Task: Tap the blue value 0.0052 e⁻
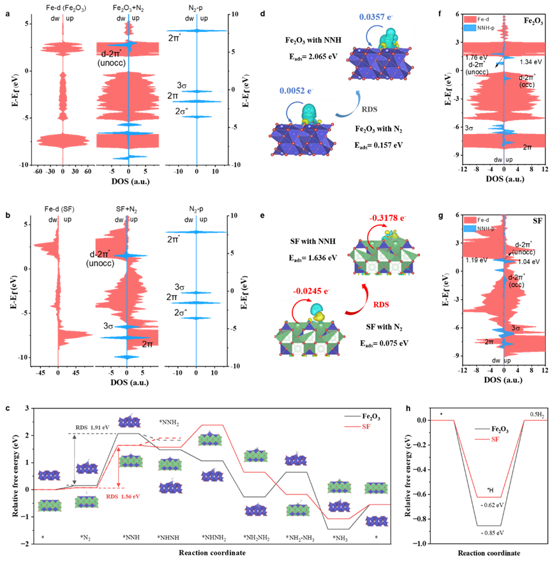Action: (296, 91)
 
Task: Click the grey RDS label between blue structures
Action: (369, 109)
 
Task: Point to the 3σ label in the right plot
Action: (517, 329)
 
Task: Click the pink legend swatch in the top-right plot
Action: (470, 19)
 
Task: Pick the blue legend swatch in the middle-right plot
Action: (470, 228)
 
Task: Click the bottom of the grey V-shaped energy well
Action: (488, 525)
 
